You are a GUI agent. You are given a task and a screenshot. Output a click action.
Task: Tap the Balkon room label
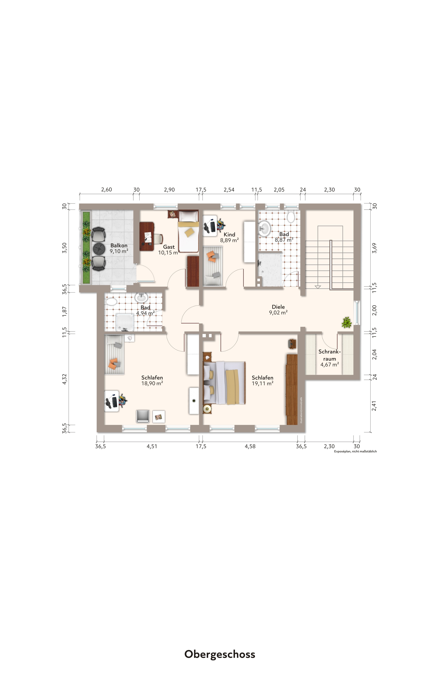click(119, 245)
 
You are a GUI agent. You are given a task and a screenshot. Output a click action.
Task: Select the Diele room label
click(278, 307)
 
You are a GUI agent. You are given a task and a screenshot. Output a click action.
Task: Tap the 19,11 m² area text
click(262, 383)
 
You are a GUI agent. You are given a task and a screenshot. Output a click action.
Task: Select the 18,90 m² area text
click(152, 383)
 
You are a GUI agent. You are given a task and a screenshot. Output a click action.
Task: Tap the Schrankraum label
click(329, 355)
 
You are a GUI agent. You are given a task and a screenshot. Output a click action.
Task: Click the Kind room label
click(229, 234)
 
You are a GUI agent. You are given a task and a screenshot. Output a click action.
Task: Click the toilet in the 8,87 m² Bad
click(291, 217)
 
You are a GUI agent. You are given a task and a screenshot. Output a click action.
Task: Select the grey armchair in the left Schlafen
click(143, 416)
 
